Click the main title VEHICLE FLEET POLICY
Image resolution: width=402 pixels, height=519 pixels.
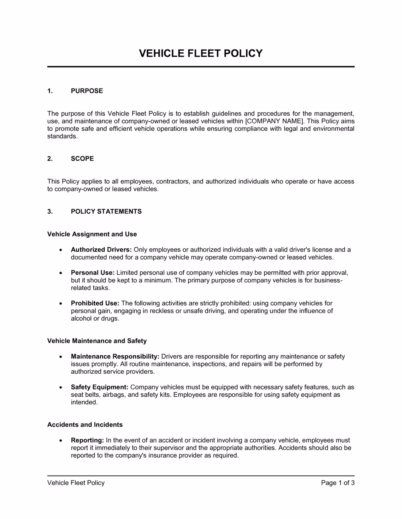(x=201, y=54)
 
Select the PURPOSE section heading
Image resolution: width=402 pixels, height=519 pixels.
(x=87, y=91)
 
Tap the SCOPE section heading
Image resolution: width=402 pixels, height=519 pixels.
(x=82, y=159)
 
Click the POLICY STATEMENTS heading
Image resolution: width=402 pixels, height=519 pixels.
(x=106, y=212)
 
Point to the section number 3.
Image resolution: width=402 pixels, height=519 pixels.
(x=50, y=212)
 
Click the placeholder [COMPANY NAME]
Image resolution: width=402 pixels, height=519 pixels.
(x=274, y=121)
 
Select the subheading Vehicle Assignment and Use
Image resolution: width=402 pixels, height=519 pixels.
(x=92, y=234)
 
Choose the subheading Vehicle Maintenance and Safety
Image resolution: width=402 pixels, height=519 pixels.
(x=97, y=341)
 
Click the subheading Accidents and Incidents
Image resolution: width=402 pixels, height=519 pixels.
(x=85, y=425)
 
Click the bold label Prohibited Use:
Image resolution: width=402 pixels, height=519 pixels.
(x=95, y=303)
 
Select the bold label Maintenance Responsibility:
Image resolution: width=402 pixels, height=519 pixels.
(x=115, y=356)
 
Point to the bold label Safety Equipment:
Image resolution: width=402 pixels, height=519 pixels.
(x=99, y=387)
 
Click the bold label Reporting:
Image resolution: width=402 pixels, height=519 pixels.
(x=87, y=441)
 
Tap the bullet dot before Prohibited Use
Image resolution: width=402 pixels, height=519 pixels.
(x=60, y=304)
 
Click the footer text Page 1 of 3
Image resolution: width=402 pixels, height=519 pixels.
(x=338, y=483)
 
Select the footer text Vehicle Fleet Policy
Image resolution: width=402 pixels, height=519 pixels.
(x=76, y=483)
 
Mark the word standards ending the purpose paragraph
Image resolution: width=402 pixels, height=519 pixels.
(x=62, y=136)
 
